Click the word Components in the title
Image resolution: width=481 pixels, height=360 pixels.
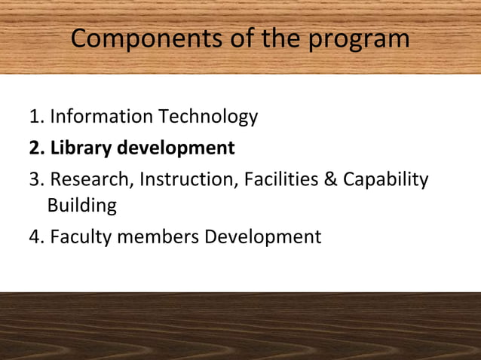pos(141,39)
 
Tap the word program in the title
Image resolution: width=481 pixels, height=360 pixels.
pos(359,39)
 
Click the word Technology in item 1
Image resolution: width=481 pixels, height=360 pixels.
pos(207,117)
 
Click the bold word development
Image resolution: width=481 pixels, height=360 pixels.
pos(176,148)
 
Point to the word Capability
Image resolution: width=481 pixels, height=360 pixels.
pos(386,180)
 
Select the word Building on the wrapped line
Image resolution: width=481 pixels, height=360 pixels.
pos(81,205)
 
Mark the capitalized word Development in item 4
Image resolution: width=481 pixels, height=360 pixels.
pos(263,236)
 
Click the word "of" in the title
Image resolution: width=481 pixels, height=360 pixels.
pos(239,39)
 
